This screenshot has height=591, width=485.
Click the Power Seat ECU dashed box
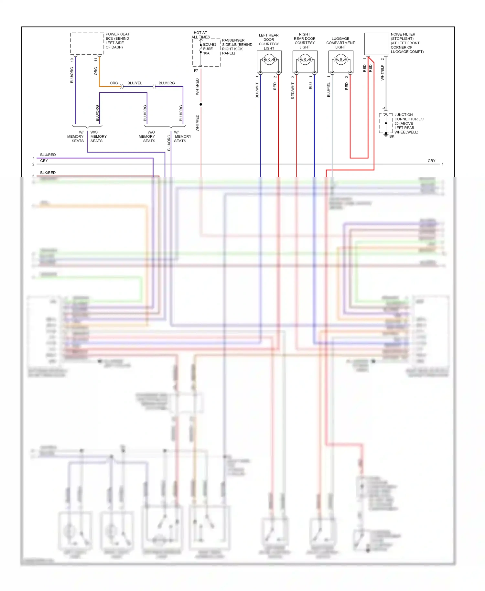click(87, 43)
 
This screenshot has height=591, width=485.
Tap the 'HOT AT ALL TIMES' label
click(200, 35)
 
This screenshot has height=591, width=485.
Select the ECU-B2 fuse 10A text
click(209, 49)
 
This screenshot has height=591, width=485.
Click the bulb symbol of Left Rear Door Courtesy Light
click(269, 59)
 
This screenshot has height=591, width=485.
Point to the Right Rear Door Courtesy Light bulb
click(305, 59)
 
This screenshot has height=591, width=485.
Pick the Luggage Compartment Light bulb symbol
click(341, 59)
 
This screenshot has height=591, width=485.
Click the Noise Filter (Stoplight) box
click(376, 44)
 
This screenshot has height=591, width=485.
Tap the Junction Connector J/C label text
click(409, 123)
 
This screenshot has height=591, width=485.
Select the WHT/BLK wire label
click(383, 72)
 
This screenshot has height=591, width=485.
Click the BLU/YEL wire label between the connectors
click(135, 83)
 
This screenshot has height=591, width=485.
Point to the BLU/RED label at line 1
click(48, 155)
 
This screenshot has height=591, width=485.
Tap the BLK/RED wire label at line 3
click(48, 173)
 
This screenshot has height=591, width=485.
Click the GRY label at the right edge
click(431, 161)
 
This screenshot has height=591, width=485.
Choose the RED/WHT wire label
click(293, 91)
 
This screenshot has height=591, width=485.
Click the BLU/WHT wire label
click(257, 91)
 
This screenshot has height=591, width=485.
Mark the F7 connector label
click(196, 70)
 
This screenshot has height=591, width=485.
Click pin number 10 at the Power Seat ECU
click(72, 60)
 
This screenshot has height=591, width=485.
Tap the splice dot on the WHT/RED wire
click(201, 104)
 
